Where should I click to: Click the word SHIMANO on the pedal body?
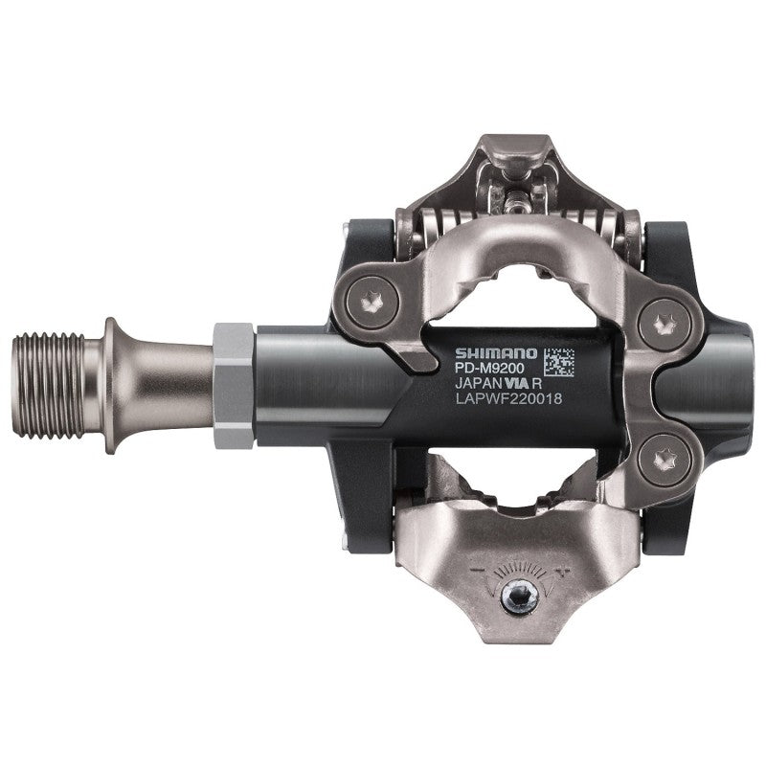[495, 353]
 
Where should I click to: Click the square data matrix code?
[558, 362]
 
